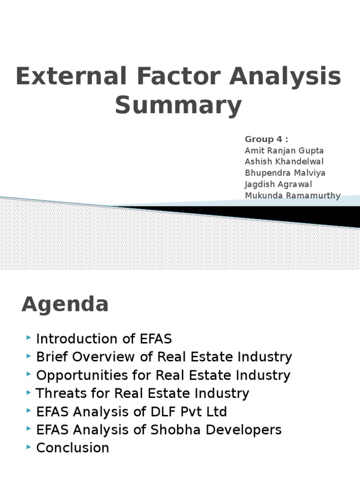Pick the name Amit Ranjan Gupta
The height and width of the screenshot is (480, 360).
[284, 150]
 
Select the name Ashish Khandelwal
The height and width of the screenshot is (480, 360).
[285, 162]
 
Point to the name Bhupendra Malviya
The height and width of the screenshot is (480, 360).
[285, 173]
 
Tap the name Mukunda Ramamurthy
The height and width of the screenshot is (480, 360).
[292, 195]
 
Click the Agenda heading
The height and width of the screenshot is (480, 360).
[65, 305]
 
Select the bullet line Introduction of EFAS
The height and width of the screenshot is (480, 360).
[104, 339]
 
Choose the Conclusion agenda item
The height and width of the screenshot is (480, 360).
[73, 448]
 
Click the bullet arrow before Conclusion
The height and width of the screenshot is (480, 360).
[30, 447]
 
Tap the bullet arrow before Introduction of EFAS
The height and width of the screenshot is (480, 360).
[30, 338]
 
